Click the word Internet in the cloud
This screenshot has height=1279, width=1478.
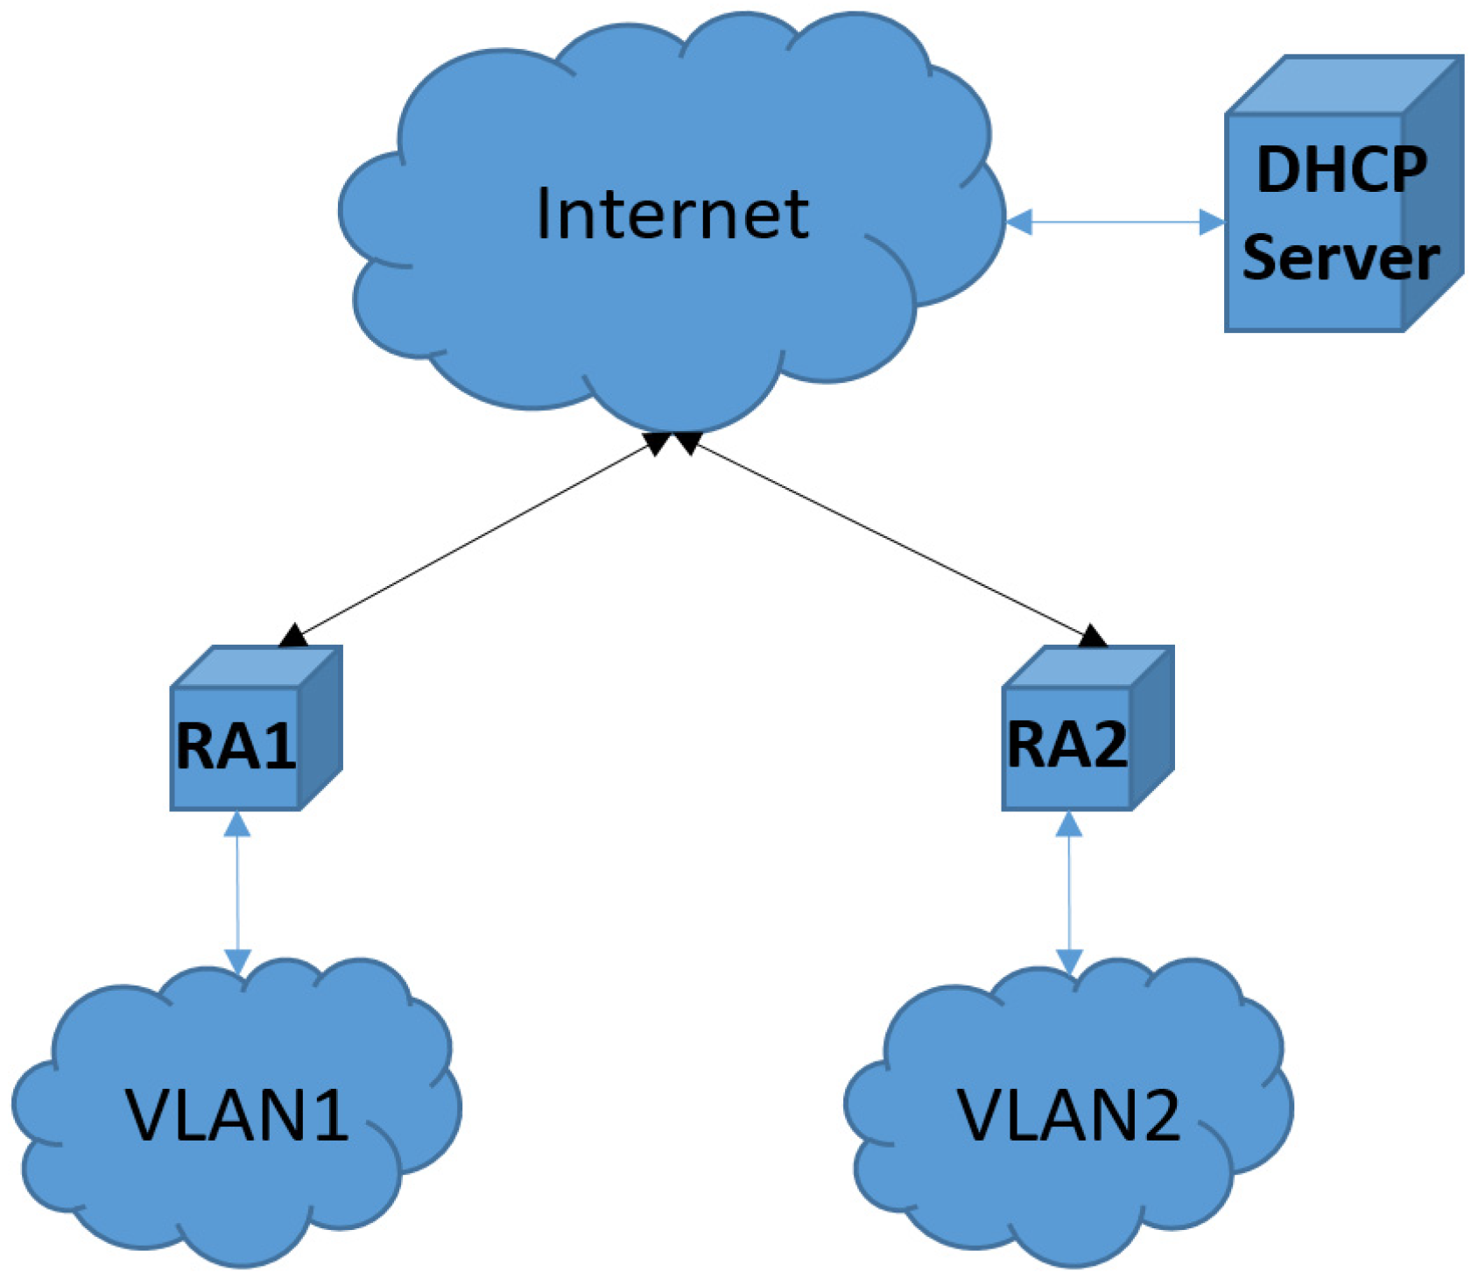click(672, 214)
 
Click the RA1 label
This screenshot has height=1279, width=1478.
click(236, 746)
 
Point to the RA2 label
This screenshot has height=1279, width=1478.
click(1067, 745)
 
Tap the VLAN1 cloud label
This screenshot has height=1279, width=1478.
click(237, 1115)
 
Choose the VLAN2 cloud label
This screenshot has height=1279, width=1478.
click(1069, 1115)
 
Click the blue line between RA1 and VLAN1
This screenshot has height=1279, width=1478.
click(237, 894)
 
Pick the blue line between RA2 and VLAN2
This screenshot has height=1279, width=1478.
click(1069, 894)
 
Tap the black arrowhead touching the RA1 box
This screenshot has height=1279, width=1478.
click(293, 636)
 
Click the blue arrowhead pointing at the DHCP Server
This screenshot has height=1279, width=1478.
click(1213, 223)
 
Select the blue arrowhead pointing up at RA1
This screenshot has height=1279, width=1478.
click(237, 825)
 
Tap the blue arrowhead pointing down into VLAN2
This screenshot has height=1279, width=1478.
click(1069, 961)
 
